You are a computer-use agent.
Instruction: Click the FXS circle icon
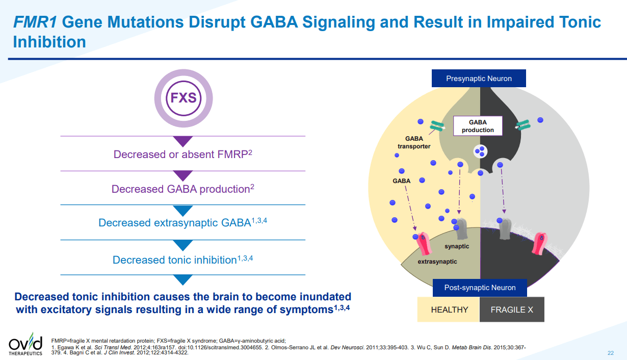183,97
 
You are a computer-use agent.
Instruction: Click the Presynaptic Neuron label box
479,79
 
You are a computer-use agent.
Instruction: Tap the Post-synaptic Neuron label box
479,288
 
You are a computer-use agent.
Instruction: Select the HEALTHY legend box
449,310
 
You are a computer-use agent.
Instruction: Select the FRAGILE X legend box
511,310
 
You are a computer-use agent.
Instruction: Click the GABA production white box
478,126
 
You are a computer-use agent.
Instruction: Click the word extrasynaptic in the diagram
437,262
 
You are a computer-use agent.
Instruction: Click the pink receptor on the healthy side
424,243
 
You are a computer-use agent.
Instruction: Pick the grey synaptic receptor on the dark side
505,229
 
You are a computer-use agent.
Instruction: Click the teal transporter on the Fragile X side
524,124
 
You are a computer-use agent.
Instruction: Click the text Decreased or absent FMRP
182,154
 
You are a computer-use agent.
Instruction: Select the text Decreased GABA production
182,189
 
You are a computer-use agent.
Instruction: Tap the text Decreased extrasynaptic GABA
182,223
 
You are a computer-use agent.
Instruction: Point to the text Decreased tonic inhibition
182,260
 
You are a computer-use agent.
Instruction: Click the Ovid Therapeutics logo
25,345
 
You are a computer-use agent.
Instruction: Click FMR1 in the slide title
35,22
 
